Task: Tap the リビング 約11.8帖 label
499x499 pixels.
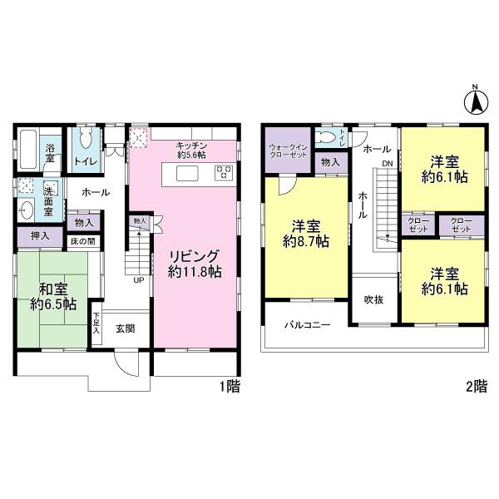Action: [195, 264]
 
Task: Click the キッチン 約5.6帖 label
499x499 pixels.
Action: [191, 151]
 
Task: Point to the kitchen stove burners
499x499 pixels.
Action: [224, 172]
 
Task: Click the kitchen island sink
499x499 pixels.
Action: [187, 173]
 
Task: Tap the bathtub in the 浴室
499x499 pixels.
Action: [30, 149]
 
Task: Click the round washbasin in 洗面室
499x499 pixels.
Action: [26, 210]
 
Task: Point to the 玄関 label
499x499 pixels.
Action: [126, 329]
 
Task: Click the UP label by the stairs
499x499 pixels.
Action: [138, 280]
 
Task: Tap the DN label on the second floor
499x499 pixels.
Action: [388, 164]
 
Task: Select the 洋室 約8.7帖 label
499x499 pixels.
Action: [306, 234]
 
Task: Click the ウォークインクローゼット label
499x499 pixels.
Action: [288, 151]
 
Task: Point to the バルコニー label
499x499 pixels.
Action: [308, 325]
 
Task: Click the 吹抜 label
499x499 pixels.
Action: [374, 299]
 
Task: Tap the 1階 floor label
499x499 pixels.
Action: [230, 387]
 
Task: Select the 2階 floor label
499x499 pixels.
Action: [477, 387]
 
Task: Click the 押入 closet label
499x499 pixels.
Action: [40, 236]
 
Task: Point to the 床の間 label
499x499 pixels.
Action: [82, 241]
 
